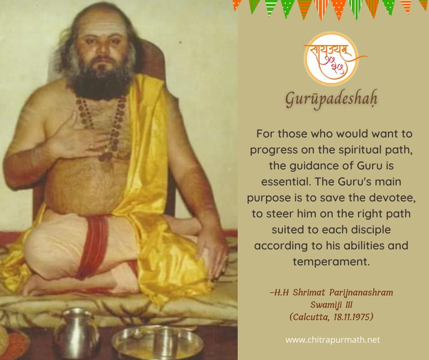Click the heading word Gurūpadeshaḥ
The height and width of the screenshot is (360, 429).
pos(331,99)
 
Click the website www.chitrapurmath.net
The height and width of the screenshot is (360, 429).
pos(332,340)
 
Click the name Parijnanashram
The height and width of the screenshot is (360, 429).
pos(361,292)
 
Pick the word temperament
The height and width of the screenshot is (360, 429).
pos(331,262)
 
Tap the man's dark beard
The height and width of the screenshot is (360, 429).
pos(100,80)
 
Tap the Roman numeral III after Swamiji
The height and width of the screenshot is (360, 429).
pos(349,305)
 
